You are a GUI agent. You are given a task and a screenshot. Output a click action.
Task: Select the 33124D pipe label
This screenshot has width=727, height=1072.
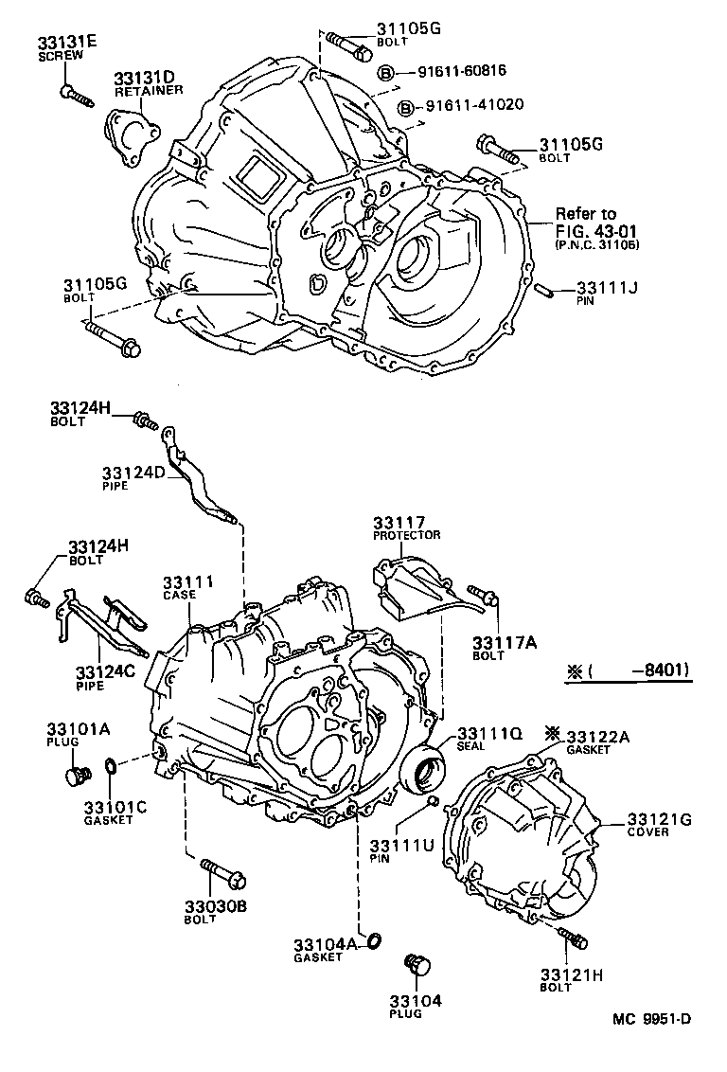(133, 472)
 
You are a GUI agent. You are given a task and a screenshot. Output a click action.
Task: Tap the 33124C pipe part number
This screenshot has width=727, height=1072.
(106, 671)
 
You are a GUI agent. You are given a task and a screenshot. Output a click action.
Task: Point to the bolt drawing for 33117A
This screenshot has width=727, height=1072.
(484, 595)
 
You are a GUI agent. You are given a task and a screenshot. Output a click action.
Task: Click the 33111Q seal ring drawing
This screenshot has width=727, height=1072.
(423, 768)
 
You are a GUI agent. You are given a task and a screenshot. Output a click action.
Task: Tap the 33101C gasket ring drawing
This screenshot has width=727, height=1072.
(111, 764)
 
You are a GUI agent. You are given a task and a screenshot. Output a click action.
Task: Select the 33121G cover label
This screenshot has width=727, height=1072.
(659, 819)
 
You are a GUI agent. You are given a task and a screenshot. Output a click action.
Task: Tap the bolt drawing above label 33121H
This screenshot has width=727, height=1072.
(572, 938)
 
